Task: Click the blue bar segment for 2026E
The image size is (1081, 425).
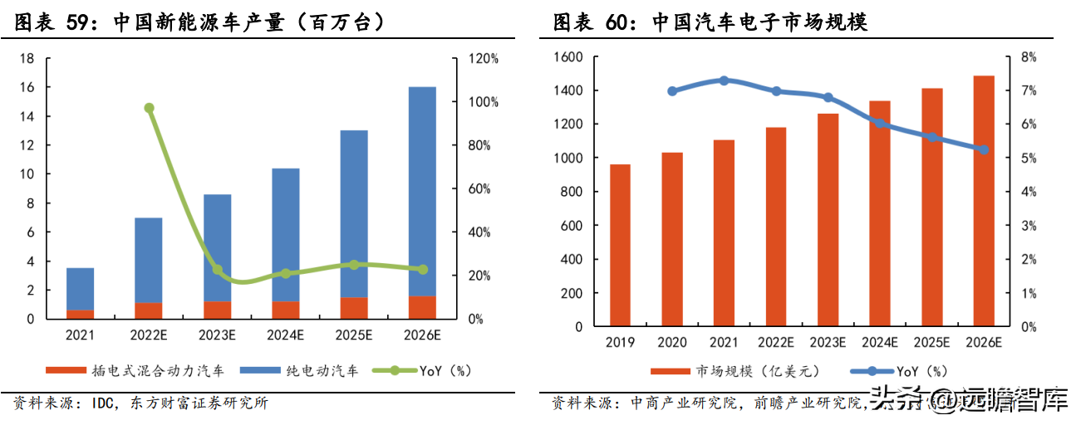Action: coord(422,191)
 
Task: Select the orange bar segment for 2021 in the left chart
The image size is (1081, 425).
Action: coord(81,314)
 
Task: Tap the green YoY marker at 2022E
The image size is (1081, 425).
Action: coord(150,108)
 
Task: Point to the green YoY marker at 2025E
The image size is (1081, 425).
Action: coord(354,265)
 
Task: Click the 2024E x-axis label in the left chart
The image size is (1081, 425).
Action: coord(285,336)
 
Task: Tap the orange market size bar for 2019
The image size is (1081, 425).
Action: coord(621,246)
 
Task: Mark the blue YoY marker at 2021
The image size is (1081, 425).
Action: coord(724,81)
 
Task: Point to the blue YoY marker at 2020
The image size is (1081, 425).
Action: coord(672,91)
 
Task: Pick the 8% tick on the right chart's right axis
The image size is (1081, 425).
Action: coord(1029,57)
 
